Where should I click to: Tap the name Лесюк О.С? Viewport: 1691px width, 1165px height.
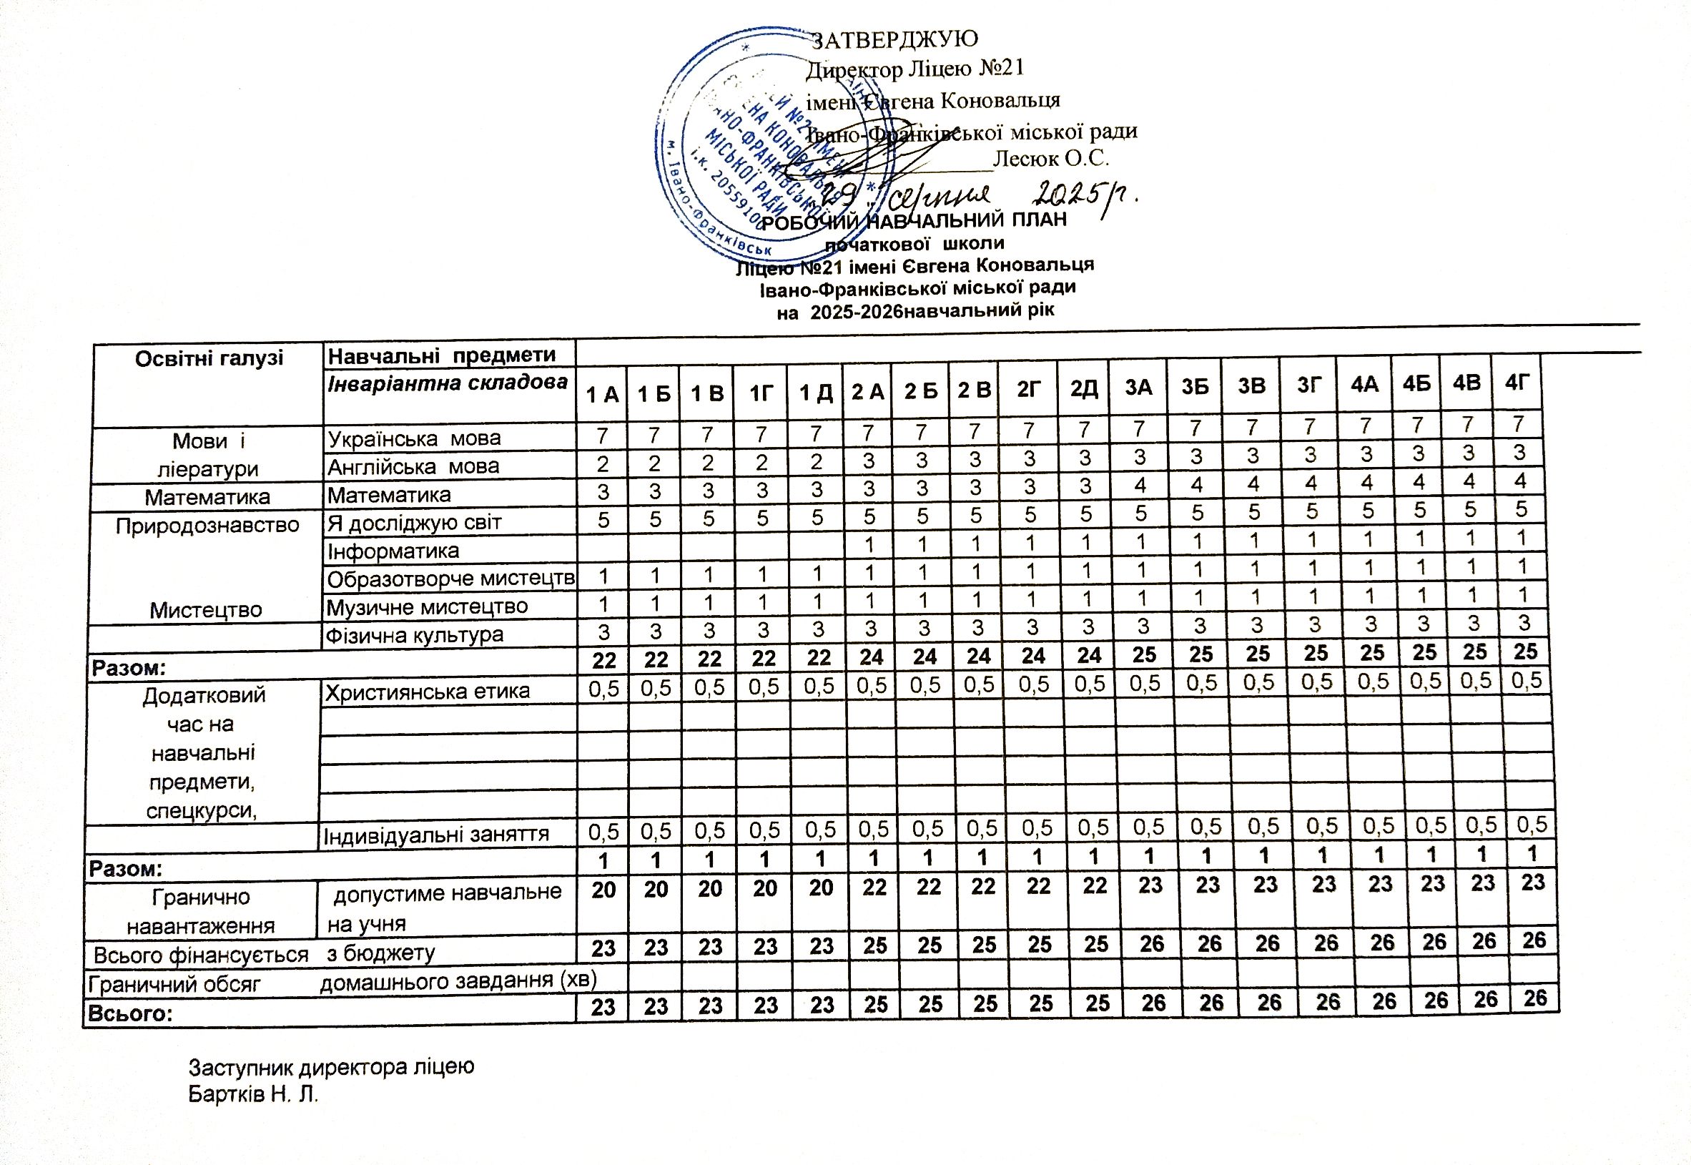coord(1051,158)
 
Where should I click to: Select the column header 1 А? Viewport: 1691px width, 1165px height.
coord(603,395)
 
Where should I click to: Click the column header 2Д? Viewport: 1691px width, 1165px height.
coord(1085,388)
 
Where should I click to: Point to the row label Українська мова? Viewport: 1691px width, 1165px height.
coord(414,438)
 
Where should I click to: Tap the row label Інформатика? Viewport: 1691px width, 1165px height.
coord(393,551)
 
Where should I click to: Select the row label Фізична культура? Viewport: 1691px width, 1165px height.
coord(414,635)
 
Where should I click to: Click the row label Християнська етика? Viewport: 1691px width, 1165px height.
coord(427,692)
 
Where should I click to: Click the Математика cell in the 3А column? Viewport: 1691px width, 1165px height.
coord(1140,486)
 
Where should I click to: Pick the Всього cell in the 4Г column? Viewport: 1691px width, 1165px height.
coord(1535,997)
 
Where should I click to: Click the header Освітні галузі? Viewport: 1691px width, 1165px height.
coord(209,358)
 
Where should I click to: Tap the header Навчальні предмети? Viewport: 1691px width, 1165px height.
coord(442,355)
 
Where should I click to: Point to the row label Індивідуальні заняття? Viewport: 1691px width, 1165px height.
coord(435,835)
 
